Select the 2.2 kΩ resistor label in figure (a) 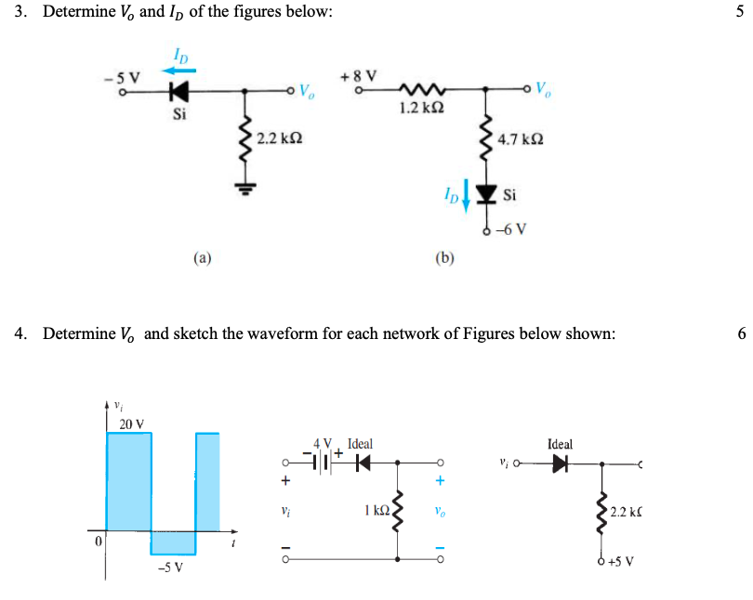[x=279, y=138]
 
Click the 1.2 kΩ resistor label [x=415, y=109]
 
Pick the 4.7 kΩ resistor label [x=520, y=140]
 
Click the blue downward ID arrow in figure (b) [x=467, y=197]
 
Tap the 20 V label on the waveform [x=132, y=424]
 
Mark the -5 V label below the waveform [x=168, y=566]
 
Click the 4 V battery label [x=322, y=445]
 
